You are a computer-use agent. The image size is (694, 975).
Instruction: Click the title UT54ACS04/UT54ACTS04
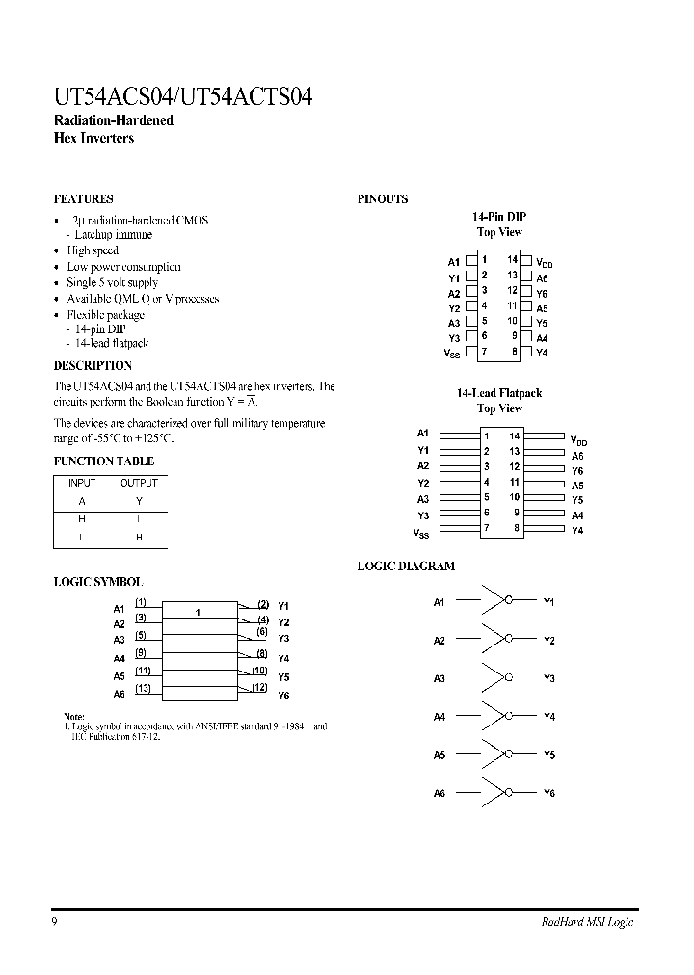(182, 96)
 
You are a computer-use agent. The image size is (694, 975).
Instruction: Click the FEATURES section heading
(83, 199)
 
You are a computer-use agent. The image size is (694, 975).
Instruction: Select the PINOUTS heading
(383, 199)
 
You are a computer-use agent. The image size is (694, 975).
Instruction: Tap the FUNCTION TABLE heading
(103, 461)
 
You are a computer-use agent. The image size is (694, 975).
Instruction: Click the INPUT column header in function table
(82, 483)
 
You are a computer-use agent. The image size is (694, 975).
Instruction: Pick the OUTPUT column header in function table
(139, 483)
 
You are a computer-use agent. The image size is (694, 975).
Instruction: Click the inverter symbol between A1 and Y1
(496, 601)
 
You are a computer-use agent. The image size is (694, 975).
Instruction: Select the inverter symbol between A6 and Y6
(496, 792)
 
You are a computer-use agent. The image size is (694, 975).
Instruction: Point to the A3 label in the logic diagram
(440, 678)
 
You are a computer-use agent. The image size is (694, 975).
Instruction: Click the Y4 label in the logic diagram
(549, 717)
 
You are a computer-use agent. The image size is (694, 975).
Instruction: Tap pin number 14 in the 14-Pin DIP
(513, 260)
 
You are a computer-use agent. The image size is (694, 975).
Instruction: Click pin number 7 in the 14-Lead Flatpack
(487, 528)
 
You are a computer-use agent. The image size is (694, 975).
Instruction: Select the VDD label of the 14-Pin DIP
(545, 263)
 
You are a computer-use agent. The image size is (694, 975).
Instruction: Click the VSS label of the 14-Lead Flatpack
(421, 533)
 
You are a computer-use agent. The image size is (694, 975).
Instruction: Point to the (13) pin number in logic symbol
(142, 687)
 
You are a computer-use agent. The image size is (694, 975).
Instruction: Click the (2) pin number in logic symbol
(261, 604)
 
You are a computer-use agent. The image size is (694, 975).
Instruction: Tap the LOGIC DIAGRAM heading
(406, 567)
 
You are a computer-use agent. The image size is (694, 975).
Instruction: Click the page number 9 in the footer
(55, 922)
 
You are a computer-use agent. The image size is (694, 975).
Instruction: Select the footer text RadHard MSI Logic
(586, 922)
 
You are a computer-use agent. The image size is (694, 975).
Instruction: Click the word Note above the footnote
(74, 716)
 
